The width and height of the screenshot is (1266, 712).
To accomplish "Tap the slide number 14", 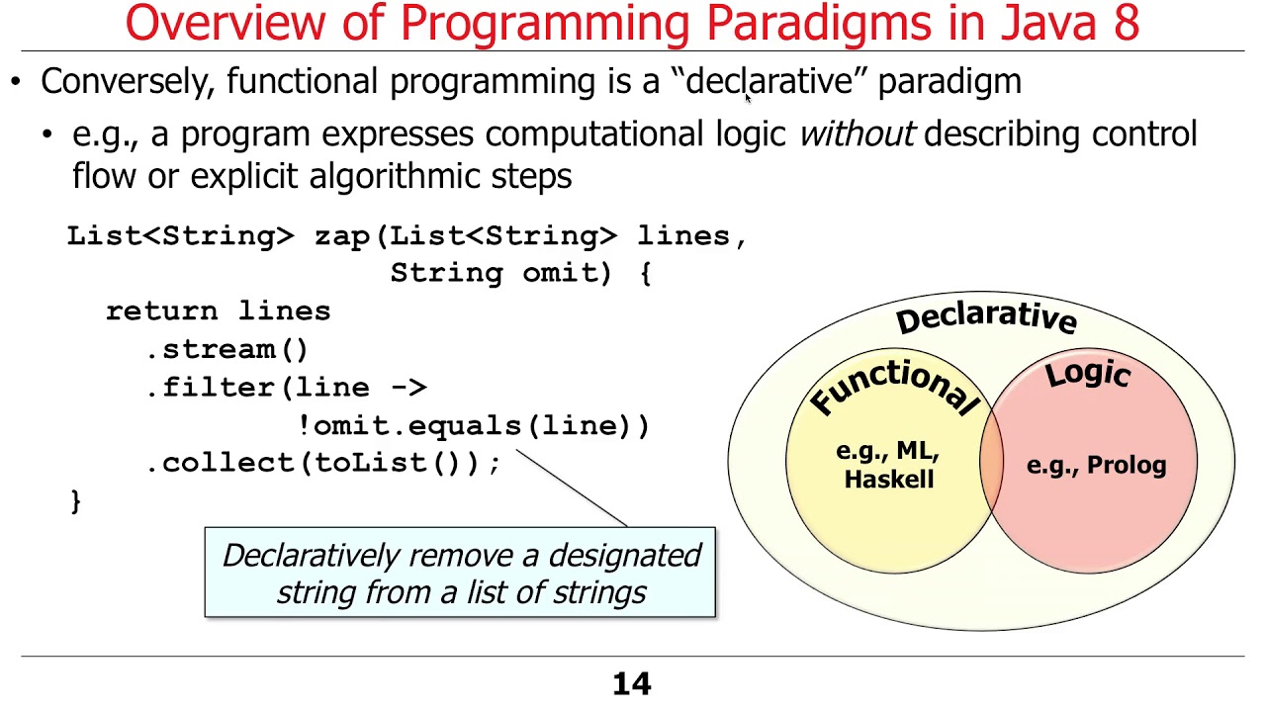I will pyautogui.click(x=632, y=684).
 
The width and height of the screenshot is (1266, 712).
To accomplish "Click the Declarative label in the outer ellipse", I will pyautogui.click(x=986, y=317).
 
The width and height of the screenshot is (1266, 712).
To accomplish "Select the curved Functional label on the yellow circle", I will pyautogui.click(x=893, y=386).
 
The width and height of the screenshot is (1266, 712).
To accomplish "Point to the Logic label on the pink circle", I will pyautogui.click(x=1088, y=374).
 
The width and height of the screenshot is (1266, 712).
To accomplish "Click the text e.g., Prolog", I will pyautogui.click(x=1096, y=465).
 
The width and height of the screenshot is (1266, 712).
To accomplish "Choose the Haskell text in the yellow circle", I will pyautogui.click(x=889, y=480).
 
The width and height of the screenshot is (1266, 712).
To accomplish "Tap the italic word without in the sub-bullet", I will pyautogui.click(x=857, y=134).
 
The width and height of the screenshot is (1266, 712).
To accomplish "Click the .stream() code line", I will pyautogui.click(x=227, y=349).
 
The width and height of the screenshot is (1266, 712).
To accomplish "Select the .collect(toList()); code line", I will pyautogui.click(x=323, y=463).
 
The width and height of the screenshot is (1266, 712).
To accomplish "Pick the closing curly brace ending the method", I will pyautogui.click(x=76, y=500).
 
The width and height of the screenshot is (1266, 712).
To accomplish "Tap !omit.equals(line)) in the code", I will pyautogui.click(x=474, y=426).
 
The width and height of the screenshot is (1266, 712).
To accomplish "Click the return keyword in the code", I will pyautogui.click(x=163, y=311).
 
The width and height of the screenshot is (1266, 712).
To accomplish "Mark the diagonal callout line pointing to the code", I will pyautogui.click(x=572, y=489).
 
